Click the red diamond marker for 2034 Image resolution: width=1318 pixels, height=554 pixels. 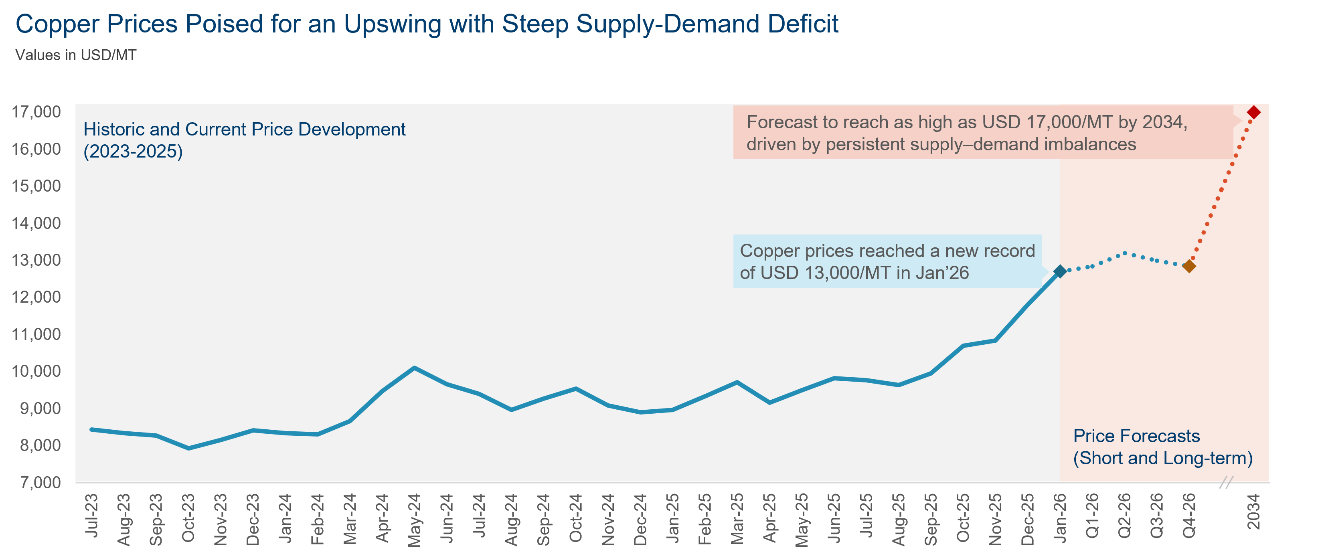click(1253, 112)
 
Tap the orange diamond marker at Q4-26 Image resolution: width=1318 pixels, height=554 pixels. click(1189, 266)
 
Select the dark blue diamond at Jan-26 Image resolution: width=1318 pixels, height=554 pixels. click(1060, 271)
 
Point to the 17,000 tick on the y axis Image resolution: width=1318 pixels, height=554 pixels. click(36, 111)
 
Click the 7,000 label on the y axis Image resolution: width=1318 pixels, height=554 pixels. click(36, 482)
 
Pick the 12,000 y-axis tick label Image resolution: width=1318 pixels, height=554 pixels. click(36, 297)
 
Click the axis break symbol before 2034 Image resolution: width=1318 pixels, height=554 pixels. click(1226, 482)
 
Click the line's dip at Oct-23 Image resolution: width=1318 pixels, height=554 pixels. click(188, 448)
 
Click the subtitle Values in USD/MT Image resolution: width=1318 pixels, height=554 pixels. click(76, 55)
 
